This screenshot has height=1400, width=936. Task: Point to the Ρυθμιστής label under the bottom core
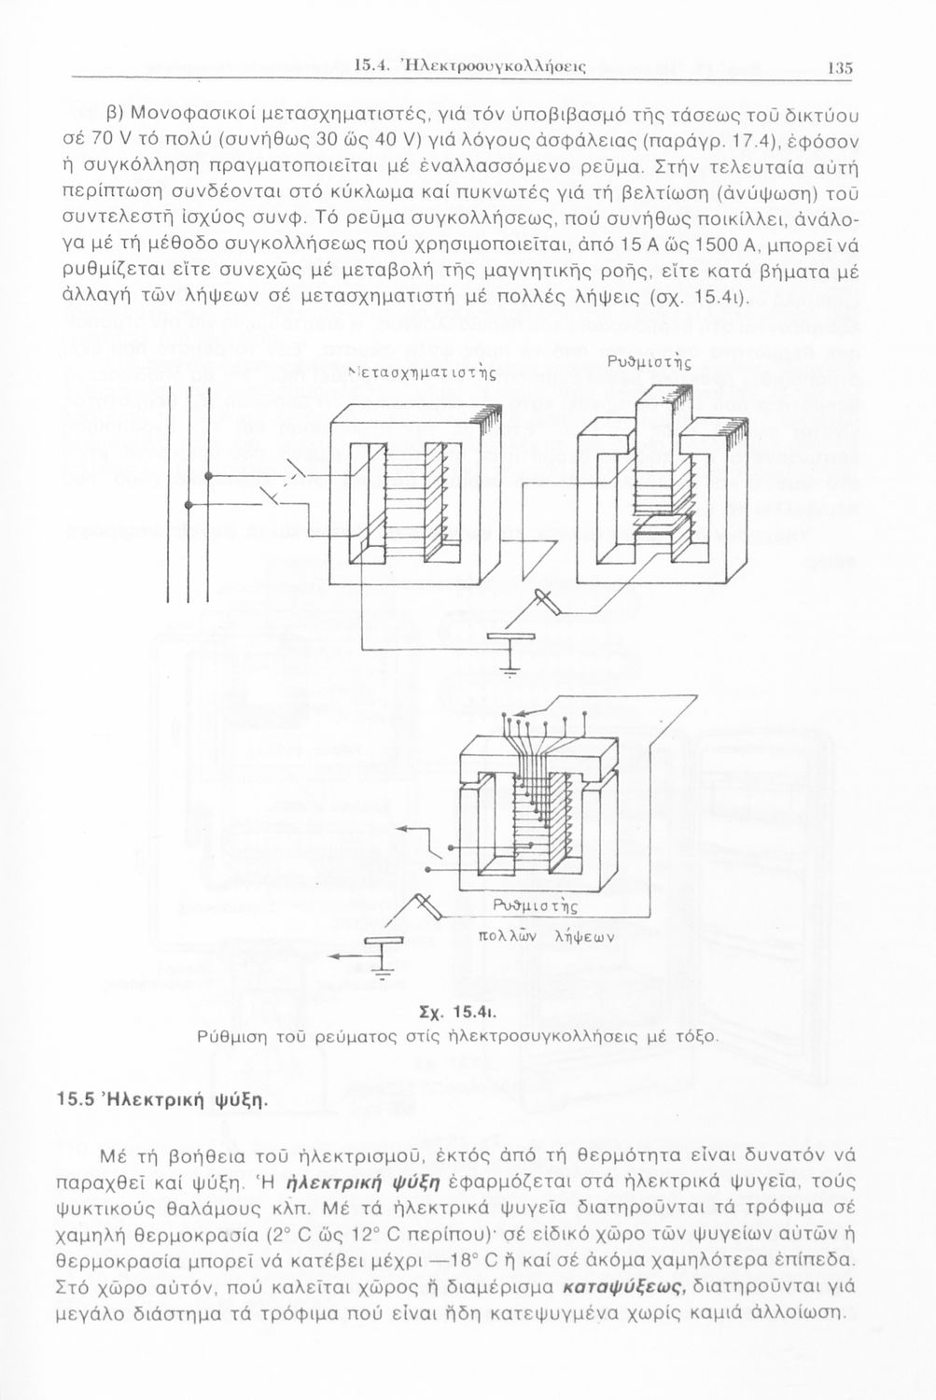(534, 906)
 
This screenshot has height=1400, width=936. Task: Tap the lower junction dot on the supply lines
(189, 506)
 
